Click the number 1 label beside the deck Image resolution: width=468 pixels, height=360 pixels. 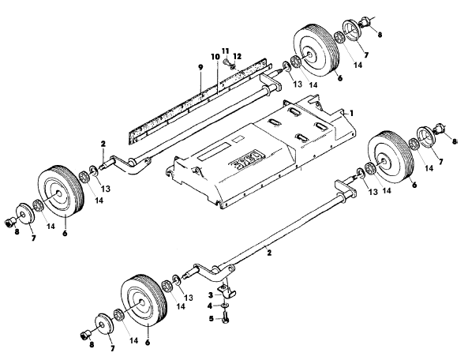coord(352,113)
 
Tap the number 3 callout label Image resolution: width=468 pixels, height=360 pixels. coord(211,295)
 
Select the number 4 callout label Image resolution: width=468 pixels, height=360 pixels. coord(210,306)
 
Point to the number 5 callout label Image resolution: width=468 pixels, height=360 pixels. coord(212,319)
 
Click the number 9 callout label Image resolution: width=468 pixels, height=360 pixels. coord(200,67)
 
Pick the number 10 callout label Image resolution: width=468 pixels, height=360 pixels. coord(215,57)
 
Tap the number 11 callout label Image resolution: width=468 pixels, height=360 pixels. coord(226,51)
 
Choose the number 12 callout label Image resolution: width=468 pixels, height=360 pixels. coord(238,56)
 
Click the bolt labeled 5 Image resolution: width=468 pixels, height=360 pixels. coord(226,317)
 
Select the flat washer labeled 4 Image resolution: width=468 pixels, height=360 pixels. coord(225,306)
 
